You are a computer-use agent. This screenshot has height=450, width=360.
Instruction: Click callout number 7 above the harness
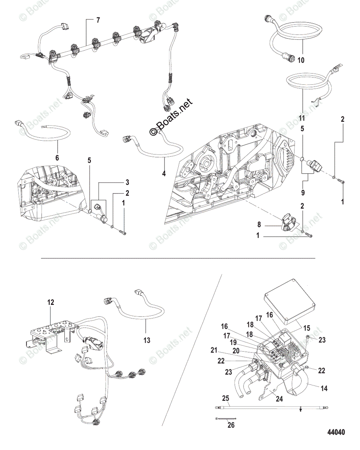[98, 20]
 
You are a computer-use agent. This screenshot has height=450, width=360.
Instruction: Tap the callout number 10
[301, 60]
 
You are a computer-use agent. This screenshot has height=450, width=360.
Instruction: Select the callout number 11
[302, 118]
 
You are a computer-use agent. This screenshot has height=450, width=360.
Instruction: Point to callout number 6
[57, 158]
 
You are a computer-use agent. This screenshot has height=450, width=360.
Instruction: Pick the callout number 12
[51, 301]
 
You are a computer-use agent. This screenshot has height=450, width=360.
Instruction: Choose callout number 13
[146, 340]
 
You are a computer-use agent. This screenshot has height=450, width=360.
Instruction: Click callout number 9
[302, 193]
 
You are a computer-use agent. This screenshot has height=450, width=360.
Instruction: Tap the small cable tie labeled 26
[226, 418]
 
